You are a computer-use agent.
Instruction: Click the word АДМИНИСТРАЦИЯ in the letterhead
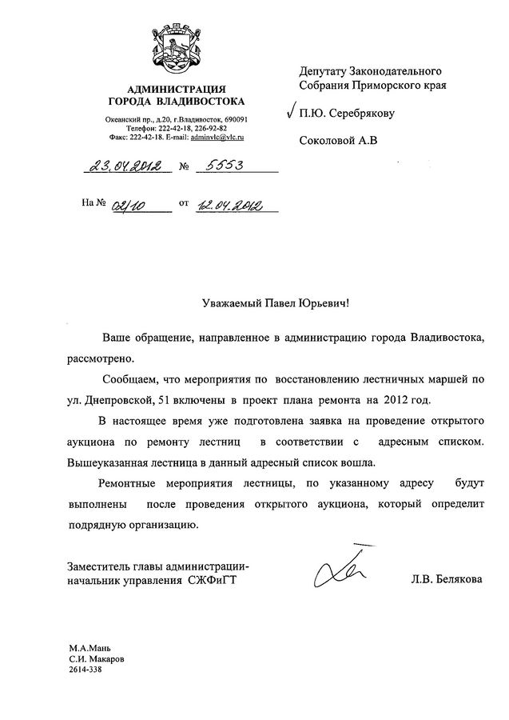(x=177, y=88)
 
